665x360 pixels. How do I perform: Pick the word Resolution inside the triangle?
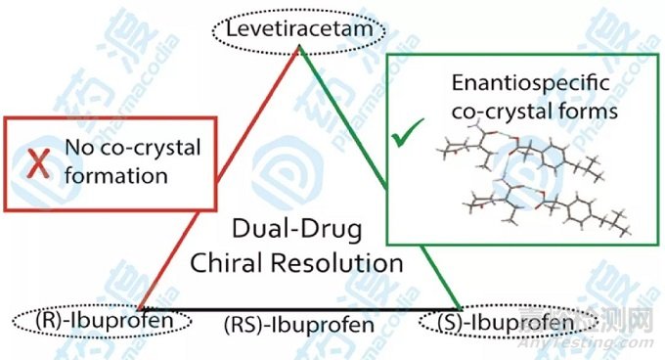click(354, 262)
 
